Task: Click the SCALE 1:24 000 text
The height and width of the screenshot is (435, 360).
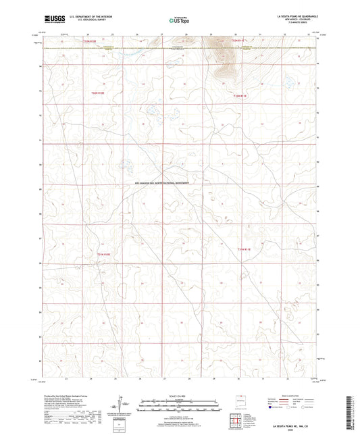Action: pos(179,394)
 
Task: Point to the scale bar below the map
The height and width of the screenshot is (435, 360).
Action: pos(179,407)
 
